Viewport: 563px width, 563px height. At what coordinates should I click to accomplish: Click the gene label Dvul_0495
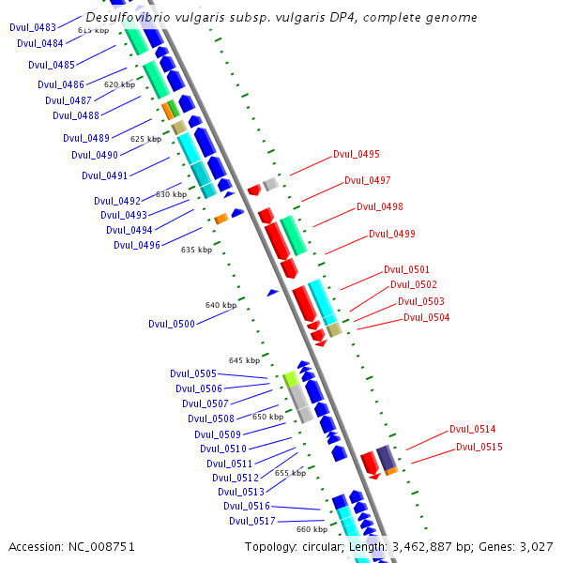click(x=357, y=154)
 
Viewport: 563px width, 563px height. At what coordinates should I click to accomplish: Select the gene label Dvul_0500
click(x=172, y=324)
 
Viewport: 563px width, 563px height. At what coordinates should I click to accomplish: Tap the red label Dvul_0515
click(x=479, y=447)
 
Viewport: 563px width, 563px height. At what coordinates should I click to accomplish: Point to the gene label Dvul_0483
click(x=33, y=27)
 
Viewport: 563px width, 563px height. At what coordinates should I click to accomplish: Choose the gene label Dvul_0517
click(x=252, y=521)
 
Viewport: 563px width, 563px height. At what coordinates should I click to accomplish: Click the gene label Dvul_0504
click(x=427, y=317)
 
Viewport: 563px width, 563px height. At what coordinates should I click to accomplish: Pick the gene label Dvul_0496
click(x=137, y=245)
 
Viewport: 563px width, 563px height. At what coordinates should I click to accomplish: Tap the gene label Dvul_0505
click(x=193, y=373)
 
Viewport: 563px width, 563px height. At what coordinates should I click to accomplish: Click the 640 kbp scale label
click(x=221, y=305)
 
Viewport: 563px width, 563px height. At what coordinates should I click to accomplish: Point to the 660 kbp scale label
click(x=312, y=529)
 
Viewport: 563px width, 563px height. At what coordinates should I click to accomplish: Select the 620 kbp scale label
click(x=119, y=84)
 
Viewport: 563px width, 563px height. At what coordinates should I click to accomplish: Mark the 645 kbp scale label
click(x=244, y=360)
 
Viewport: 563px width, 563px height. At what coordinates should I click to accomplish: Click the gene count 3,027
click(x=536, y=546)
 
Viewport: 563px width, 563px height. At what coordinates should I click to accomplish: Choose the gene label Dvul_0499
click(x=392, y=234)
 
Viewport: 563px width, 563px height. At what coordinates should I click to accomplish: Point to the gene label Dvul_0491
click(x=105, y=175)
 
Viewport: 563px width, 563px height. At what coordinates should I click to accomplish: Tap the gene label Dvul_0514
click(x=473, y=429)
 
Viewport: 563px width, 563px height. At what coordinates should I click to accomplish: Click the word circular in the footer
click(x=322, y=546)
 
